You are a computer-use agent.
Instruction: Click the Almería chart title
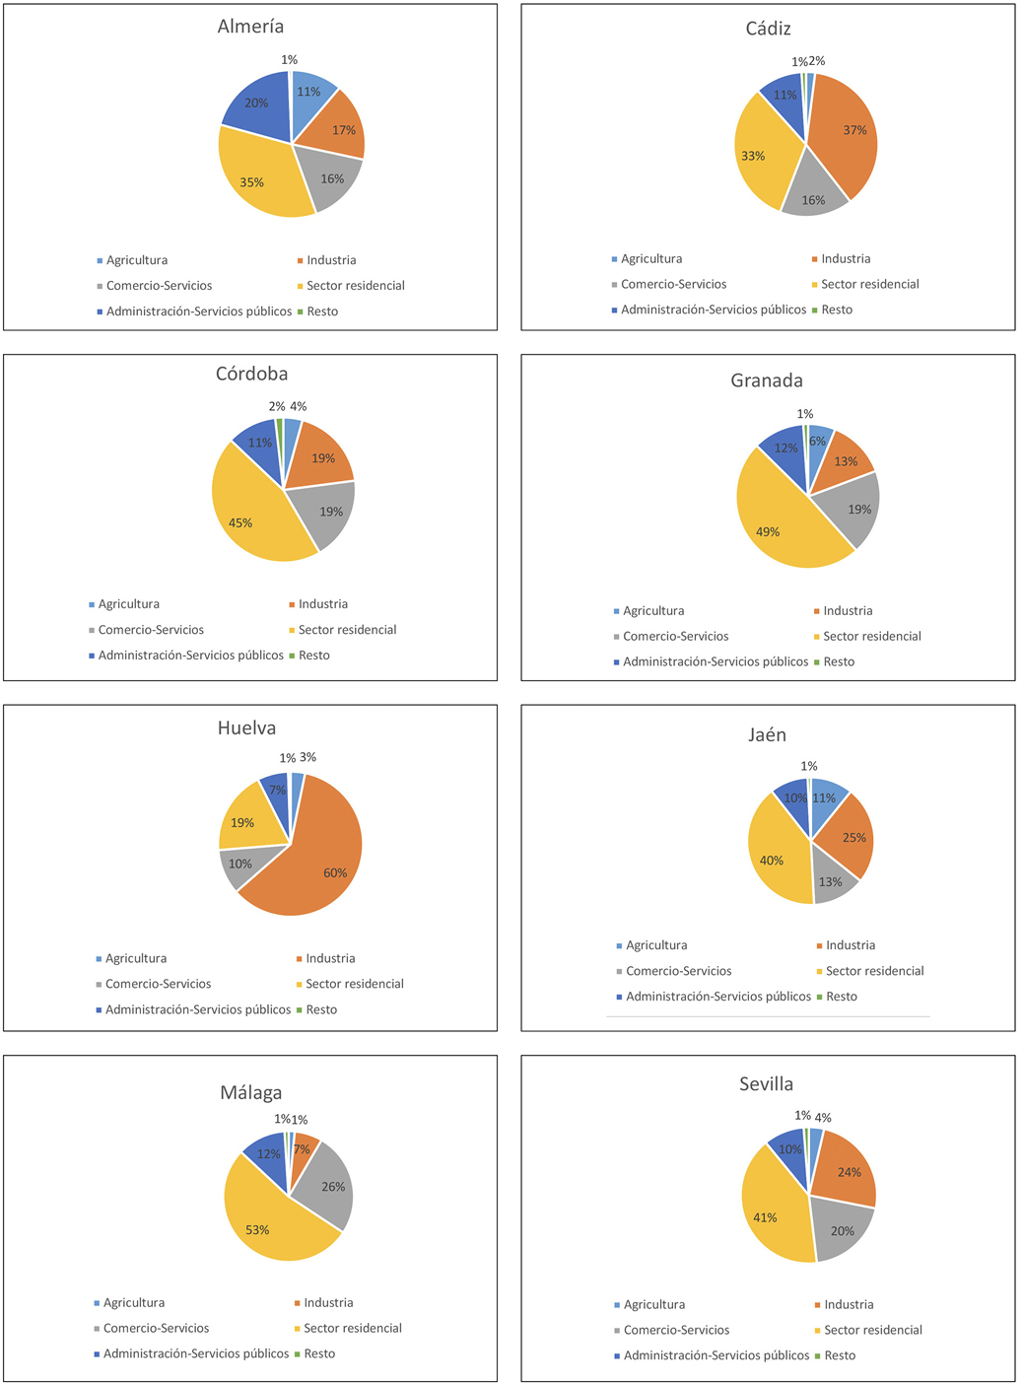250,27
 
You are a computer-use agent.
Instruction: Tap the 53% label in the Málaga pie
257,1230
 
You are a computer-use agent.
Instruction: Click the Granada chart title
767,381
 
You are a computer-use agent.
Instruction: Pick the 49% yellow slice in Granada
779,522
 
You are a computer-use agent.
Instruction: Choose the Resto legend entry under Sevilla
840,1355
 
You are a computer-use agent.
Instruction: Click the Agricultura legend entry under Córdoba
128,604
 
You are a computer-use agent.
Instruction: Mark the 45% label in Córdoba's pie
240,523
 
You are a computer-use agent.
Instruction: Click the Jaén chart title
767,734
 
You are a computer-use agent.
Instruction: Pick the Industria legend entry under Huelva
330,958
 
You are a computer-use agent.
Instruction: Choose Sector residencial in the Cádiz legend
869,284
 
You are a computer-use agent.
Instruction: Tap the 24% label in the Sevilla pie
850,1172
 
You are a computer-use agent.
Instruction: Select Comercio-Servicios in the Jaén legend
678,971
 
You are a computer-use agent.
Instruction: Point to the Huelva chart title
246,727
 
